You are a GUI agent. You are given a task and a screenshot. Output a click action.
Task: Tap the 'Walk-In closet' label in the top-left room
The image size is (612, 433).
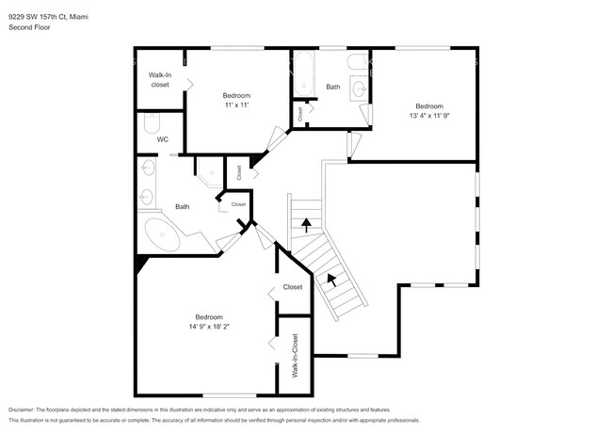pos(158,79)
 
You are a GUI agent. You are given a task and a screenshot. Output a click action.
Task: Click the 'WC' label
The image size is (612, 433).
pos(162,139)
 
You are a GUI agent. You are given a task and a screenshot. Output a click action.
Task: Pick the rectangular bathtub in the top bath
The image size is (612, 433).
pos(304,74)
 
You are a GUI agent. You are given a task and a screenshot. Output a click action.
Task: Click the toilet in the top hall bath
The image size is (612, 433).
pos(358,62)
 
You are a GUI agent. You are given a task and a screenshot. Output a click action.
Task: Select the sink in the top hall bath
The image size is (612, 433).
pos(358,89)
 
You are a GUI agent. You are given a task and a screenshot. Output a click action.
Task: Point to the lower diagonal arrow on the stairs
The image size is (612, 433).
pos(330,279)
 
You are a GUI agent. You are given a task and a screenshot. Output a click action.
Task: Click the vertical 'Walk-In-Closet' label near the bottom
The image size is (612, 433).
pos(294,356)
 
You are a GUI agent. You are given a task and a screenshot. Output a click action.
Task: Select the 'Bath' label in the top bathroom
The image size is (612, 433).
pos(333,87)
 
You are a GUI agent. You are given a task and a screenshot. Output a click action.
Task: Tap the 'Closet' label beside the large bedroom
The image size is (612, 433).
pos(292,287)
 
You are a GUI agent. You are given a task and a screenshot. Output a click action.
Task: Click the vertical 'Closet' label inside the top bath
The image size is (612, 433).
pos(299,113)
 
